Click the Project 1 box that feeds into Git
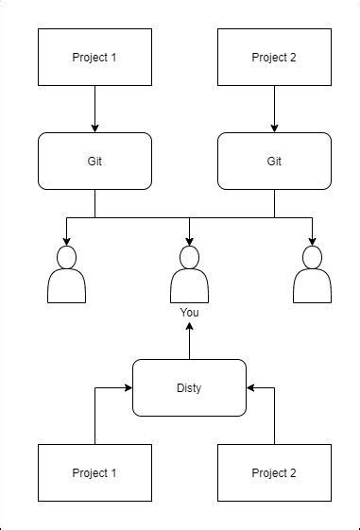click(x=94, y=57)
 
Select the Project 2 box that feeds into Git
click(x=274, y=57)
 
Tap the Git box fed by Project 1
click(x=94, y=161)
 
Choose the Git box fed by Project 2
click(x=274, y=161)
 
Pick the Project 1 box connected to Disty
click(x=94, y=472)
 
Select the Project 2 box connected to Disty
click(x=274, y=472)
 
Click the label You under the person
click(x=189, y=312)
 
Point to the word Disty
click(x=189, y=388)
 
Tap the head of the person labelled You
click(x=189, y=257)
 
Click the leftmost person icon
click(x=66, y=276)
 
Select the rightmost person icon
click(x=312, y=276)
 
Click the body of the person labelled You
click(x=189, y=286)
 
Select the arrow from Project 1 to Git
click(x=94, y=109)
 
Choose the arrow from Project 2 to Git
click(x=274, y=109)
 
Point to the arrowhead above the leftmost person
click(x=66, y=240)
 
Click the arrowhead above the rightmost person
click(x=312, y=240)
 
